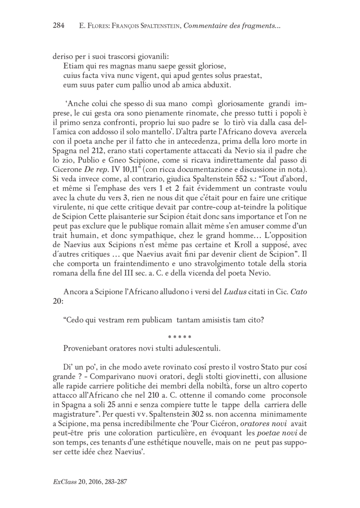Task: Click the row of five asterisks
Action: tap(180, 324)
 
